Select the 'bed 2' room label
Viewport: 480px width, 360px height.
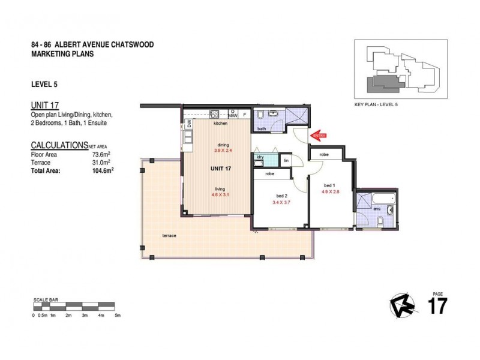point(282,196)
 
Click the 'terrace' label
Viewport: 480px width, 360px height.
point(169,236)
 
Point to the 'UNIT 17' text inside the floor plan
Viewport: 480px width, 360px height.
point(222,169)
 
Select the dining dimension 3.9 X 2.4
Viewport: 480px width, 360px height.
point(224,151)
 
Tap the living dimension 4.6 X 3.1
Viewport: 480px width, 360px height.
point(221,194)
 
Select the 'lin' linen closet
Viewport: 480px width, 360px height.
point(286,160)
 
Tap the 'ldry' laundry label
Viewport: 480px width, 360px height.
point(261,157)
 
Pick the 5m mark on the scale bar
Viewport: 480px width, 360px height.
point(118,315)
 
